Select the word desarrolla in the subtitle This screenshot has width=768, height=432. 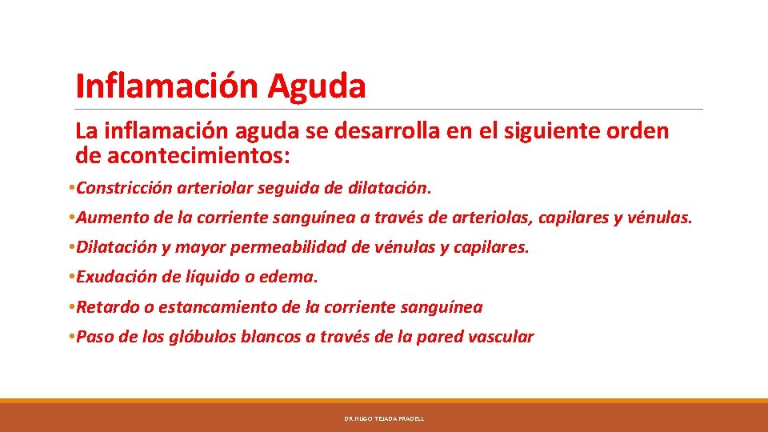[x=374, y=130]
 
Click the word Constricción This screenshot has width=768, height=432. [x=123, y=188]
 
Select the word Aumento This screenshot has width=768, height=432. [x=108, y=218]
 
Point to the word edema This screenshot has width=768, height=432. [x=294, y=278]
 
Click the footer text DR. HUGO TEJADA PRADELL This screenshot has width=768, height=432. [x=384, y=418]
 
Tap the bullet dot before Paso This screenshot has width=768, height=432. [x=72, y=337]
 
